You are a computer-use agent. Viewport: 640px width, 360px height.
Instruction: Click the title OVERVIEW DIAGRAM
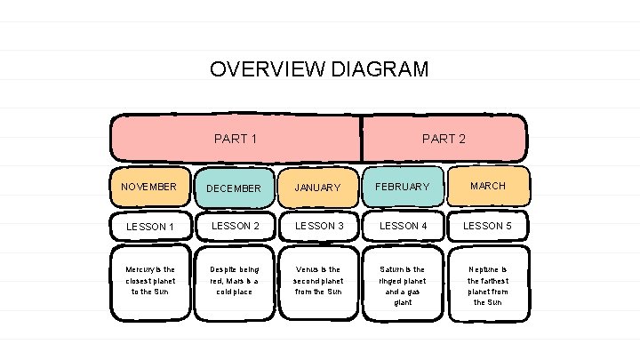[318, 69]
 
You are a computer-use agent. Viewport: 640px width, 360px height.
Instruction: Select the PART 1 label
[236, 139]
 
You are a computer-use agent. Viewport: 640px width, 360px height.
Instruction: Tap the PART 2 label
[444, 139]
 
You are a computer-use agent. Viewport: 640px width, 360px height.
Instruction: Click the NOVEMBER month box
[149, 187]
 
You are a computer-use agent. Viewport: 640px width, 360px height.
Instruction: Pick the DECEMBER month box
[234, 188]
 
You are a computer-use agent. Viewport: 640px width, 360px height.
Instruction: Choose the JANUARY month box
[317, 188]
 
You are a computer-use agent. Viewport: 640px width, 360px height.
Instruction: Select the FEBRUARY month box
[402, 187]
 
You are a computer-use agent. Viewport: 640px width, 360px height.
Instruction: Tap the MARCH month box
[487, 186]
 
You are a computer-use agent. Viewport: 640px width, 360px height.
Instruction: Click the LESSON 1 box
[149, 227]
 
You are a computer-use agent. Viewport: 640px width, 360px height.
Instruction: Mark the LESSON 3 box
[317, 226]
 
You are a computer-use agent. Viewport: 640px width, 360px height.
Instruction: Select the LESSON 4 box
[402, 226]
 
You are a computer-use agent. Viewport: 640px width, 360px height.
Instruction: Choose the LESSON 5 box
[487, 226]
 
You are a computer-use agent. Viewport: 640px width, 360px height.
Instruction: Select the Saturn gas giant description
[402, 284]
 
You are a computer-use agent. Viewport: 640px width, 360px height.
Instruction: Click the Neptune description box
[487, 284]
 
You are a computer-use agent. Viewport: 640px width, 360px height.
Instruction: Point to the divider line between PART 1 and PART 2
[361, 138]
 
